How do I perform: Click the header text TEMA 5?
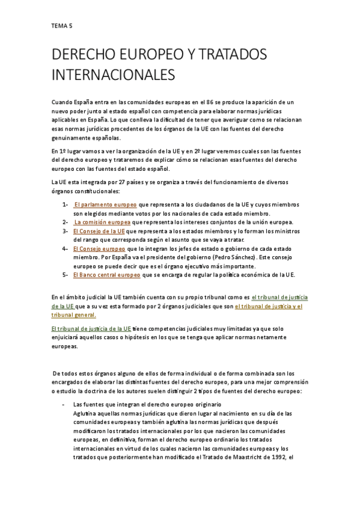click(x=61, y=26)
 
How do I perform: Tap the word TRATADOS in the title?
click(x=232, y=55)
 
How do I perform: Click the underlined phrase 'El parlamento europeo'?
click(x=105, y=205)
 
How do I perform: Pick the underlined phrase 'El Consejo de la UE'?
click(x=99, y=231)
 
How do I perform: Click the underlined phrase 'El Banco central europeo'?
click(x=106, y=275)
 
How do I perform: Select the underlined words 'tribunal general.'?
click(x=73, y=315)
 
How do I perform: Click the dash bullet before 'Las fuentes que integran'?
click(x=64, y=405)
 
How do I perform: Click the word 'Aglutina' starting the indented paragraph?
click(x=85, y=414)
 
